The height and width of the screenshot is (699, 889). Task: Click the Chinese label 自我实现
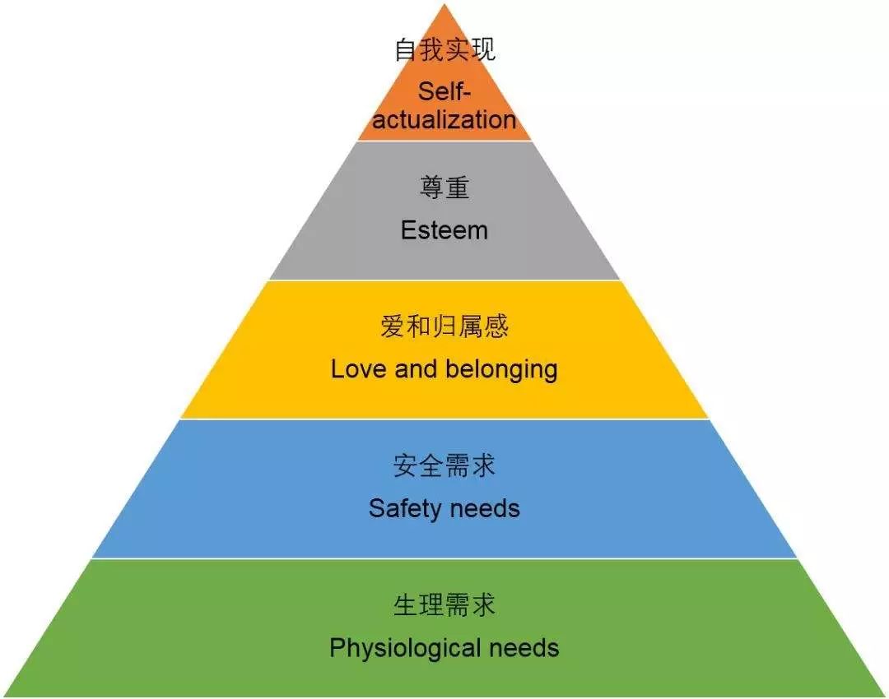445,49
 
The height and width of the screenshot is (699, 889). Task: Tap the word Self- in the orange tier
444,91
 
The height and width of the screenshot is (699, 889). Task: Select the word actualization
444,120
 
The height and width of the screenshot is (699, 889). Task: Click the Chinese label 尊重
444,187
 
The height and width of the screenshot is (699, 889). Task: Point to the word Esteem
444,230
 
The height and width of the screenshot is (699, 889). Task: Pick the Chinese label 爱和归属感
444,326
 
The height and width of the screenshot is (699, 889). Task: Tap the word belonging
502,370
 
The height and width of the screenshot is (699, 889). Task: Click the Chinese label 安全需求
444,465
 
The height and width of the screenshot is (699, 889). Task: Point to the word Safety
403,509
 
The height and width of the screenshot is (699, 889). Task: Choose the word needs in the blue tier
486,509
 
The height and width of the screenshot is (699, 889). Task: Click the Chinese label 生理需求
444,605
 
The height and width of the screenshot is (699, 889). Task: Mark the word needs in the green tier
524,648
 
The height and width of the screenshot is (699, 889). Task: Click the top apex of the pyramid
444,4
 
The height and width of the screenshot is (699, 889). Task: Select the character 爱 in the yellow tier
393,326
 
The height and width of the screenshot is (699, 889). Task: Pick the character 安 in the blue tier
406,465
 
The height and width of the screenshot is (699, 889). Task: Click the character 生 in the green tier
406,605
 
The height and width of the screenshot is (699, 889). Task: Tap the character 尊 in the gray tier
431,187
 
